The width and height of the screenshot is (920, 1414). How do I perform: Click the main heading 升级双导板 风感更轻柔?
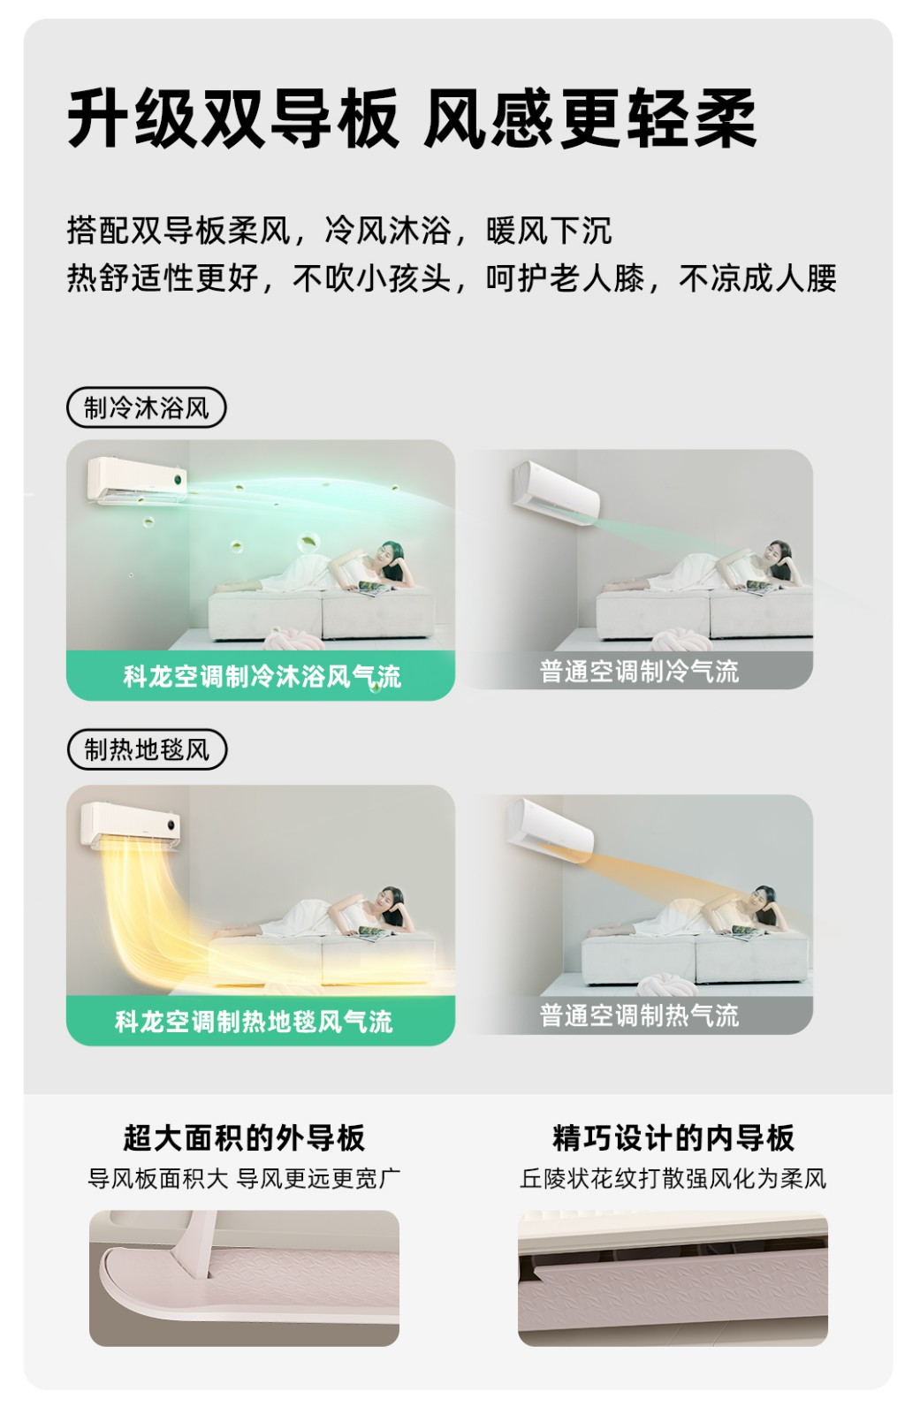pyautogui.click(x=412, y=118)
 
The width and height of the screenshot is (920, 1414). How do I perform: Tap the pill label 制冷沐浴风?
pyautogui.click(x=146, y=407)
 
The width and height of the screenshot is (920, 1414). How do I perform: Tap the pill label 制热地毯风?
pyautogui.click(x=147, y=750)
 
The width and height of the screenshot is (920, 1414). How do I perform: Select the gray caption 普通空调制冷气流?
pyautogui.click(x=639, y=672)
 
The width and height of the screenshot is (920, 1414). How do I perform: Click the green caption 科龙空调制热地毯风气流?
pyautogui.click(x=254, y=1022)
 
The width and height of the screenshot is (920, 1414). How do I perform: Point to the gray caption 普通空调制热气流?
pyautogui.click(x=639, y=1015)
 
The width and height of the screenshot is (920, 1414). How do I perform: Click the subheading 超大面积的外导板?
pyautogui.click(x=244, y=1138)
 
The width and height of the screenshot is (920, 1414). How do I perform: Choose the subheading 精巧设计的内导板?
pyautogui.click(x=673, y=1138)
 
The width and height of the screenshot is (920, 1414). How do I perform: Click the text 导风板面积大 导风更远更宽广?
pyautogui.click(x=244, y=1179)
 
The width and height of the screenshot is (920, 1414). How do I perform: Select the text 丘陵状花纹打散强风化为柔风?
pyautogui.click(x=673, y=1179)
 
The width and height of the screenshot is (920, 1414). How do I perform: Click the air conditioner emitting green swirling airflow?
pyautogui.click(x=137, y=481)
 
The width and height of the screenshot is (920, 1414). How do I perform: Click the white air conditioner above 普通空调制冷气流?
pyautogui.click(x=556, y=493)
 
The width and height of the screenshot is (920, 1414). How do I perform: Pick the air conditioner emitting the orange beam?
pyautogui.click(x=550, y=830)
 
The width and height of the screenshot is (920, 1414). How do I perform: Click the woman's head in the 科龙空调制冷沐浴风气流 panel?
pyautogui.click(x=392, y=556)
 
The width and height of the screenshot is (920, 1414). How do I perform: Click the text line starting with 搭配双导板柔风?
pyautogui.click(x=339, y=231)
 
